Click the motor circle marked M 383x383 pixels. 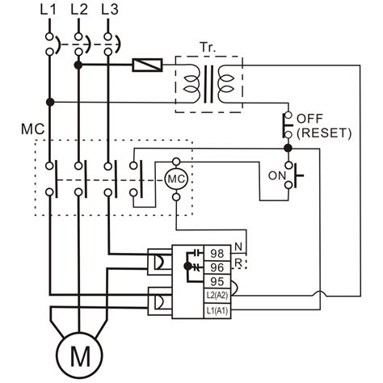(78, 354)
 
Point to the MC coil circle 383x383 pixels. (175, 178)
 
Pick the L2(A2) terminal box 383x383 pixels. (217, 297)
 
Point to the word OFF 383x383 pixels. (309, 118)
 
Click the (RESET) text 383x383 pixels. (322, 133)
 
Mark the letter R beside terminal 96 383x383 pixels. (237, 263)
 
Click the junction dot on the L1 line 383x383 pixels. (49, 102)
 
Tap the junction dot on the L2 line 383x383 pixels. (78, 63)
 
